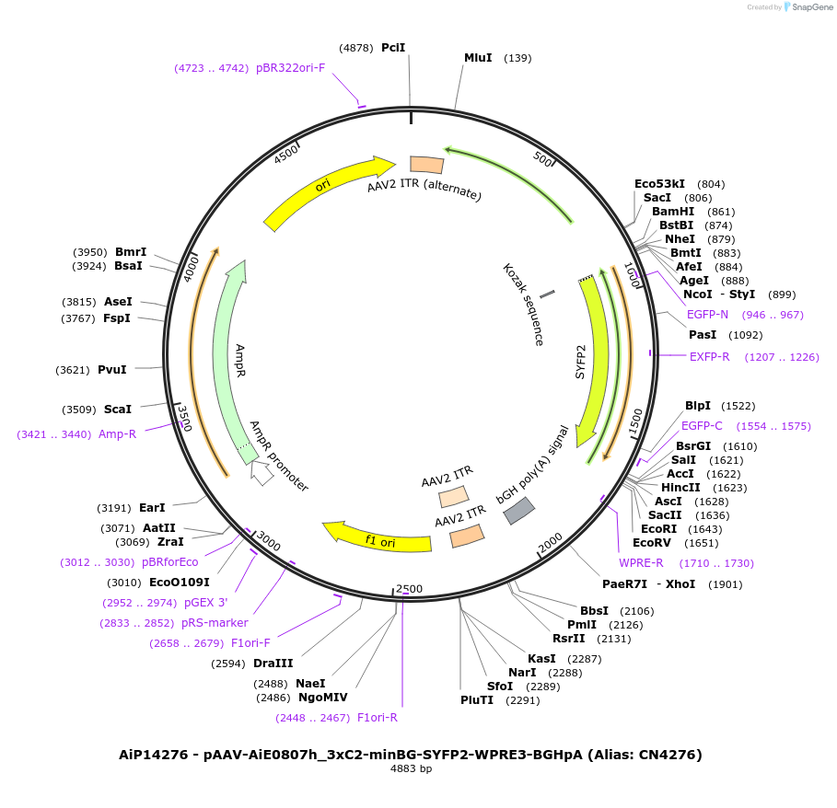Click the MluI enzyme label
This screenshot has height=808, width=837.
point(478,58)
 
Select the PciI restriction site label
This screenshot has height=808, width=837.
point(393,47)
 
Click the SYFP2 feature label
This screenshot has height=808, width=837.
point(581,362)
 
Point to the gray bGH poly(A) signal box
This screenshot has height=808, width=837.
point(519,510)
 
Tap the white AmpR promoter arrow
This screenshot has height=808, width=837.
point(262,474)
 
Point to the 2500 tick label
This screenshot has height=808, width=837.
point(408,589)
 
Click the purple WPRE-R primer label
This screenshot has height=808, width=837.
point(641,563)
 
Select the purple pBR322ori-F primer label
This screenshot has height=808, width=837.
point(290,68)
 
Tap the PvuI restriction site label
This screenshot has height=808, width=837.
point(112,370)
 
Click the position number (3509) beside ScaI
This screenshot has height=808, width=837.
point(78,410)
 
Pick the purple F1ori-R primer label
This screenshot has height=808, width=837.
point(378,718)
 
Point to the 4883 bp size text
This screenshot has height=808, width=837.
point(411,769)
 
